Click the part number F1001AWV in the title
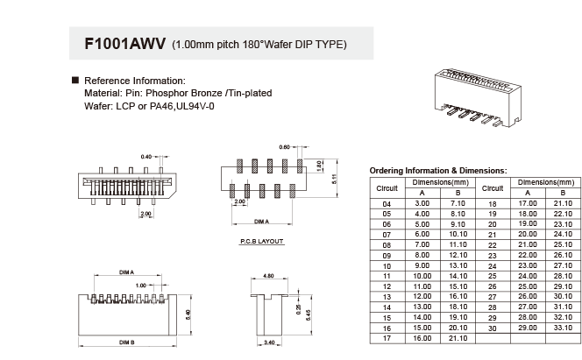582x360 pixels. tap(125, 44)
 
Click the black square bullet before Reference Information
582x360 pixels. tap(75, 80)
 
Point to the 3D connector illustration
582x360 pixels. tap(478, 97)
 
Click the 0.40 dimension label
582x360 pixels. tap(146, 157)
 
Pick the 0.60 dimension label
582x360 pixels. tap(284, 147)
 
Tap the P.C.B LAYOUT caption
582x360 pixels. tap(262, 242)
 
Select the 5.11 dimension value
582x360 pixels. tap(334, 179)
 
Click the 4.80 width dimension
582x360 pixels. tap(268, 276)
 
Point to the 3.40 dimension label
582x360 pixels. tap(269, 342)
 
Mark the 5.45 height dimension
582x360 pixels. tap(308, 314)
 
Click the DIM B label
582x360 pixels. tap(127, 342)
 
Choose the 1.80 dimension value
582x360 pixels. tap(319, 166)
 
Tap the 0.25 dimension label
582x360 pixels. tap(298, 309)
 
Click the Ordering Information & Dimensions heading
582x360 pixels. tap(438, 171)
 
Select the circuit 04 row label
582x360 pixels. tap(387, 204)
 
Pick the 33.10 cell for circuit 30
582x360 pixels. tap(563, 328)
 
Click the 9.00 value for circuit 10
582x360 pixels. tap(422, 265)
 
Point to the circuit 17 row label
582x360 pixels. tap(387, 338)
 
